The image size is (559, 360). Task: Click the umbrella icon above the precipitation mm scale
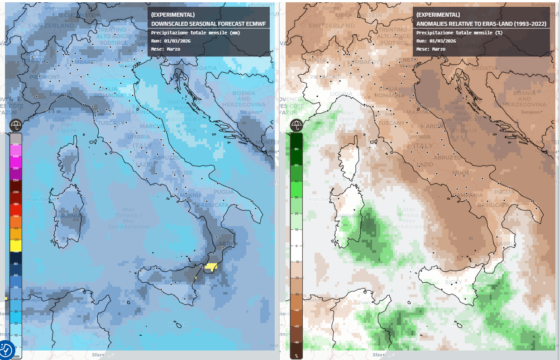16,125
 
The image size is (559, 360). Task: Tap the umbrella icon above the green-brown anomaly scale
296,125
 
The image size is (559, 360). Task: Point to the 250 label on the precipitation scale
16,180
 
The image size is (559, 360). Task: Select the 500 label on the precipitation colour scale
16,144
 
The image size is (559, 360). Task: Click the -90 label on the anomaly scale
296,342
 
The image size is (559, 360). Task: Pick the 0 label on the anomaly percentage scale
296,246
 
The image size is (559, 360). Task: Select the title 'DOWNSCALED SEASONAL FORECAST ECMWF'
208,24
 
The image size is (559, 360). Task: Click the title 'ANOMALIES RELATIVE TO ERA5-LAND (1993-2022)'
481,24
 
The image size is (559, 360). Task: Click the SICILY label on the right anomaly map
454,282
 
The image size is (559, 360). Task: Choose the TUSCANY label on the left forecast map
111,123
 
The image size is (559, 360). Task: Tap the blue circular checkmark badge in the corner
6,349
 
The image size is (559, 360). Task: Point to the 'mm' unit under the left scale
16,356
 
